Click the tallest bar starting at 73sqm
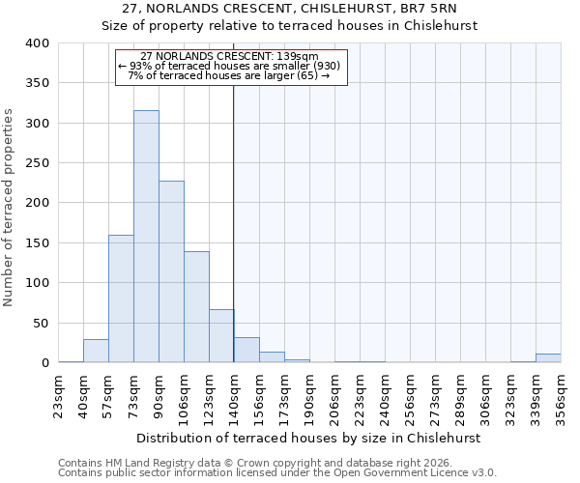point(146,237)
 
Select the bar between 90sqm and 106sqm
point(171,271)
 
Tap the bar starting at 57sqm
point(121,298)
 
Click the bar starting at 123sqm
point(221,336)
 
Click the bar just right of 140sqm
point(246,351)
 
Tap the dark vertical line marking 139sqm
point(234,222)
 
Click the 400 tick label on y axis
point(37,43)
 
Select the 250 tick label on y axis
point(37,163)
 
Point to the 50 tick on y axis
point(41,323)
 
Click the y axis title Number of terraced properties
point(10,208)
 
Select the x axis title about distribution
point(308,438)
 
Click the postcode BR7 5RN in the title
point(447,10)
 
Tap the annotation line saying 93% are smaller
point(230,66)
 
